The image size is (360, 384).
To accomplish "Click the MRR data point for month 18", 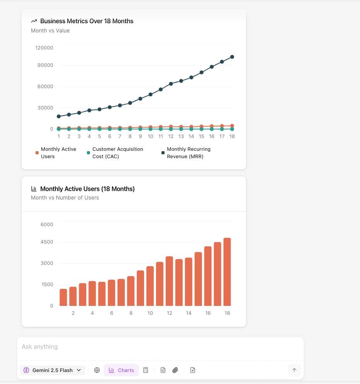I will click(x=232, y=57).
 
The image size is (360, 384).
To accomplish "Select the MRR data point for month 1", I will click(x=59, y=116).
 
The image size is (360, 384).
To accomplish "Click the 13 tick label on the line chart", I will click(x=181, y=137).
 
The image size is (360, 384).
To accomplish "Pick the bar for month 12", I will click(x=169, y=281).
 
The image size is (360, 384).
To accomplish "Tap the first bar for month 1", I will click(x=63, y=297).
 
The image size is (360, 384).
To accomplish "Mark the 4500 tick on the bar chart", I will click(x=47, y=242).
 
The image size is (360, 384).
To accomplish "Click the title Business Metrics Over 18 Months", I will click(x=87, y=21).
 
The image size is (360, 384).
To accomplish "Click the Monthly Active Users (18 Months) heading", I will click(x=87, y=189).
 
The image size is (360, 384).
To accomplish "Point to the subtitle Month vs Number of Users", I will click(x=65, y=198).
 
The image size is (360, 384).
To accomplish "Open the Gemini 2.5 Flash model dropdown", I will click(x=53, y=370).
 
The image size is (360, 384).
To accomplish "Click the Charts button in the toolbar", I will click(x=121, y=370).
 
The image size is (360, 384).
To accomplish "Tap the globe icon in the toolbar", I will click(x=97, y=370).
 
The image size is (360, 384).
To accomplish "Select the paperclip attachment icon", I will click(x=175, y=370).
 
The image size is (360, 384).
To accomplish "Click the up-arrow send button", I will click(x=294, y=370).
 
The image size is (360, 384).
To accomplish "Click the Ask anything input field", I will click(x=155, y=347).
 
